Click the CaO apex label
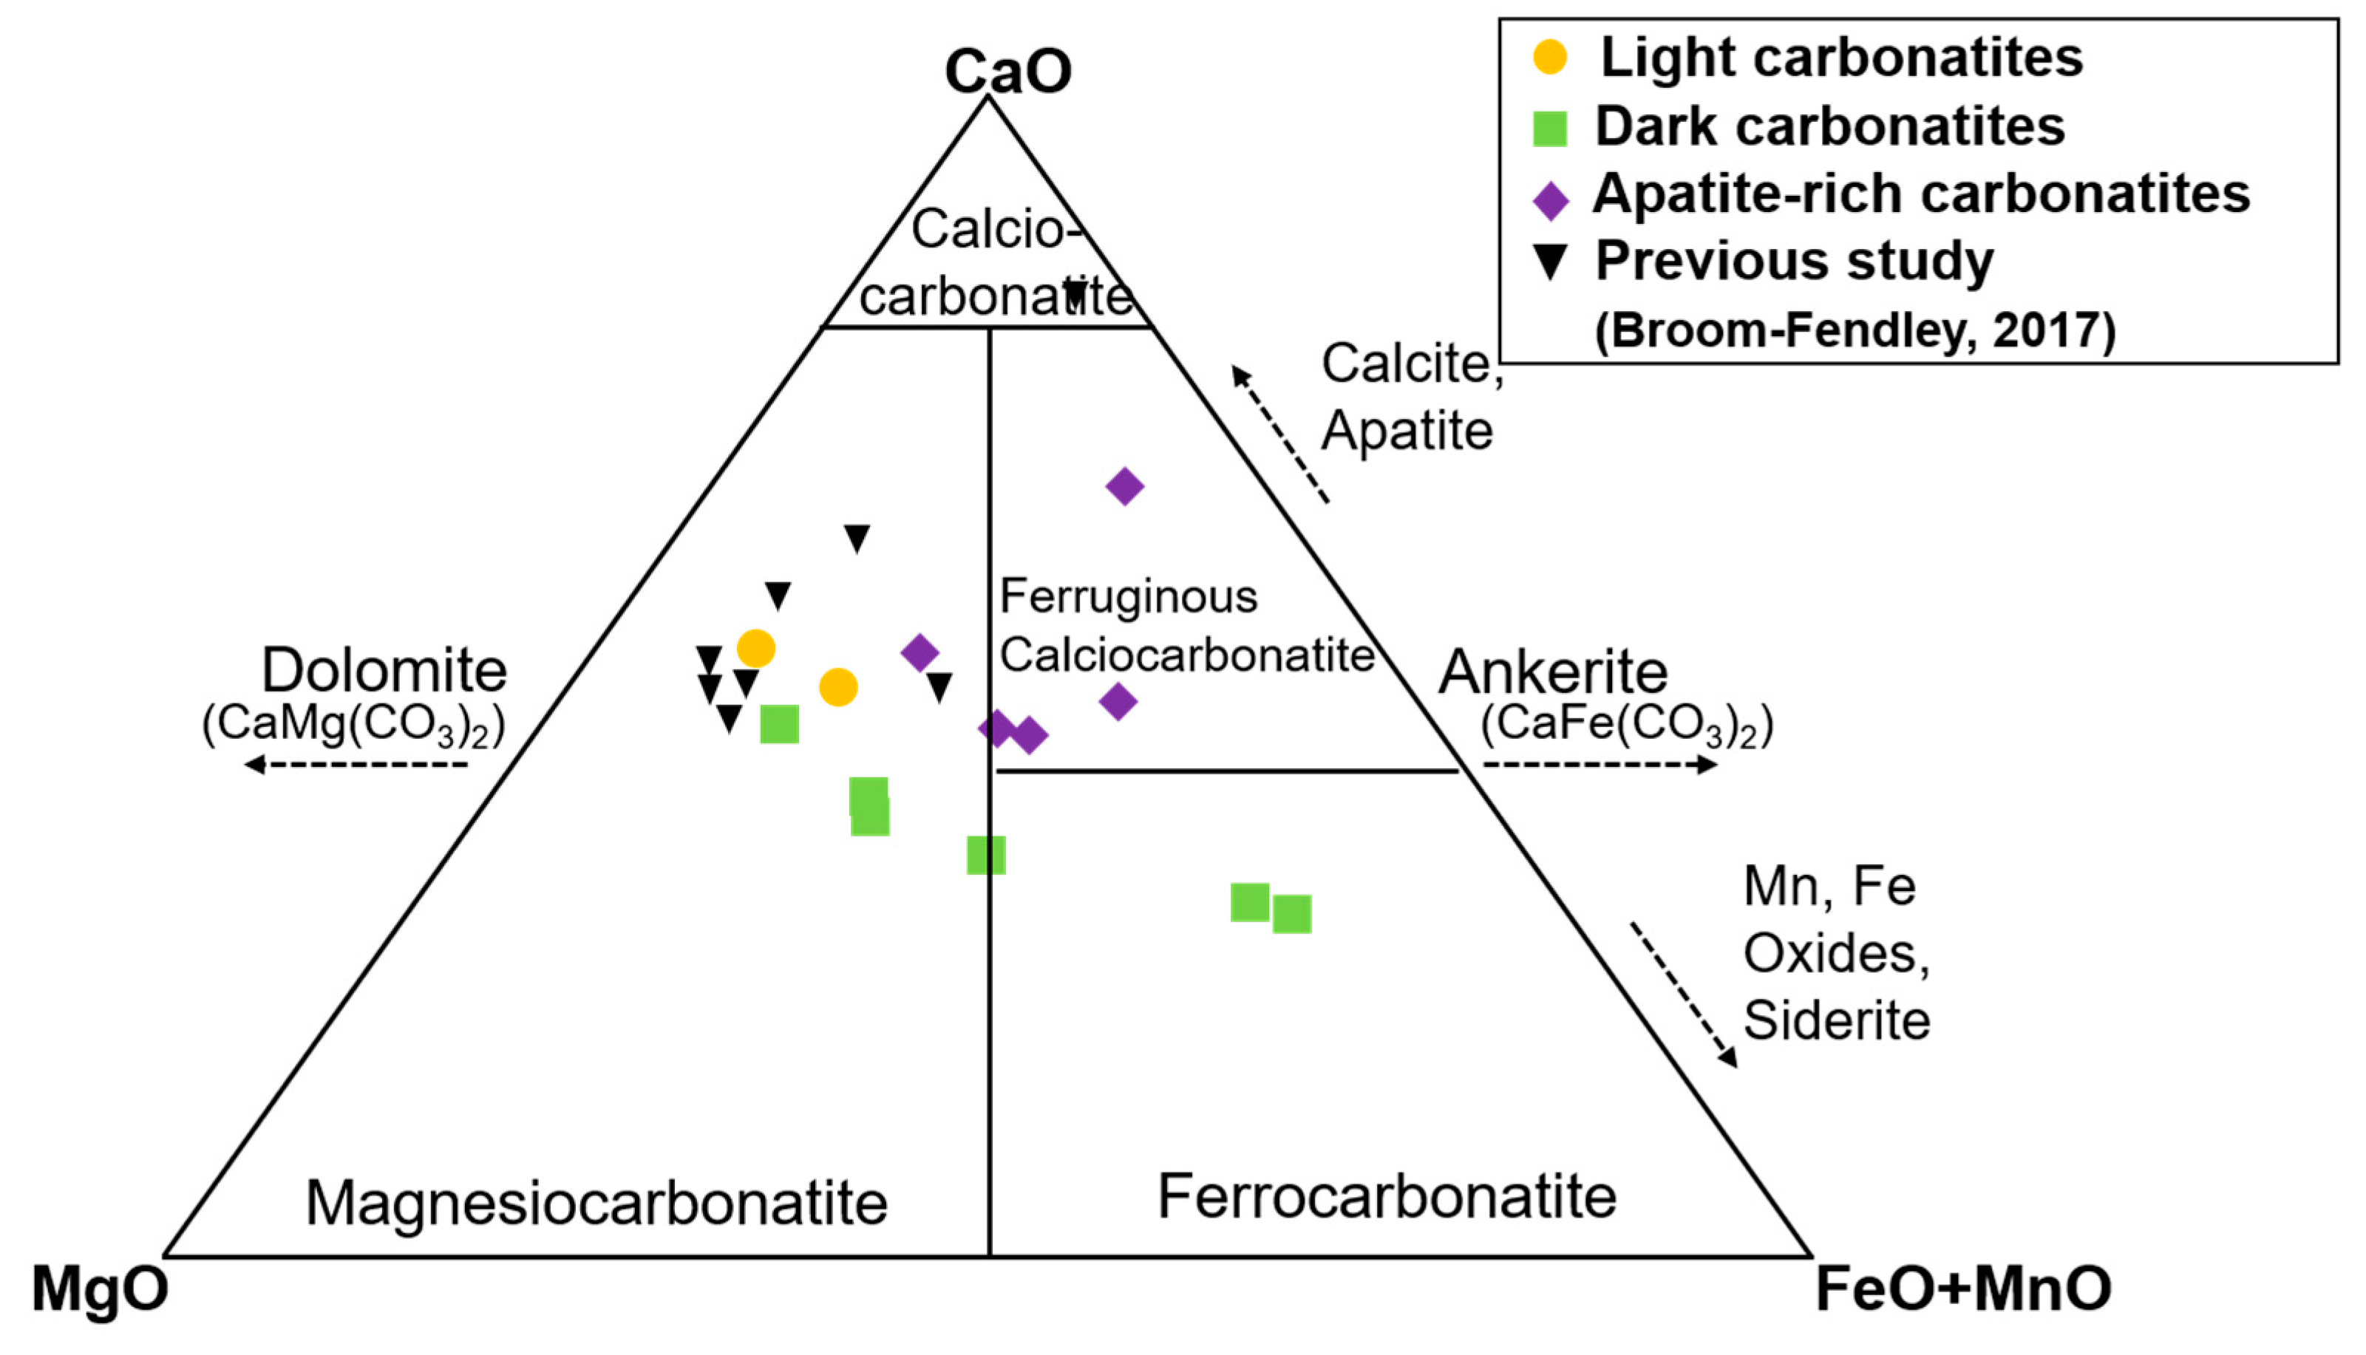[1008, 71]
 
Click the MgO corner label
[100, 1290]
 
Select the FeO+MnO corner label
[1963, 1290]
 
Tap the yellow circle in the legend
[1550, 58]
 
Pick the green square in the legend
[1550, 128]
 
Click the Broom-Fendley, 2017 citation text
[1855, 330]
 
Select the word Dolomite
[384, 670]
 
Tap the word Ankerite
[1554, 672]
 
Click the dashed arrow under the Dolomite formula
[356, 765]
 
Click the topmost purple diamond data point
[1124, 486]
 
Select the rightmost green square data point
[1292, 914]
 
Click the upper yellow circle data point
[756, 649]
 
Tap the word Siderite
[1836, 1020]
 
